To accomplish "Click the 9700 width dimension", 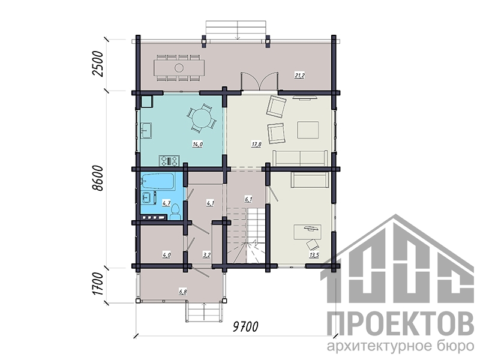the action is [x=245, y=326].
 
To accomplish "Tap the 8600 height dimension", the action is [x=98, y=178].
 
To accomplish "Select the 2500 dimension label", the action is [x=98, y=64].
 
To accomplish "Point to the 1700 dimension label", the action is [x=98, y=284].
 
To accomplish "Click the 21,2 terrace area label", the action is [x=299, y=76].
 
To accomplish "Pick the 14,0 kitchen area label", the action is [x=197, y=144].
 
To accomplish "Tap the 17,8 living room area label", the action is [x=256, y=144].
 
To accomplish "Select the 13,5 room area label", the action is [x=314, y=254].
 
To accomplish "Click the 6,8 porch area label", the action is [x=183, y=292].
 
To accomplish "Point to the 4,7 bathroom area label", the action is [x=166, y=203].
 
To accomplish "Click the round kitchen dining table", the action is [x=201, y=117].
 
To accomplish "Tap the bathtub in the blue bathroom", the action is [x=158, y=181].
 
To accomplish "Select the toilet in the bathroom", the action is [x=175, y=212].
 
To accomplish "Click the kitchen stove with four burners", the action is [x=169, y=161].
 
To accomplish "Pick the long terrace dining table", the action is [x=179, y=68].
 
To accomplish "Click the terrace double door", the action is [x=260, y=82].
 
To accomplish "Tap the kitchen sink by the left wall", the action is [x=146, y=131].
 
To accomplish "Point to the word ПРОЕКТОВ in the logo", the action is [x=400, y=323].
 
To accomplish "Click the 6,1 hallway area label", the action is [x=248, y=200].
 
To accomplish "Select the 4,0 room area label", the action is [x=166, y=254].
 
